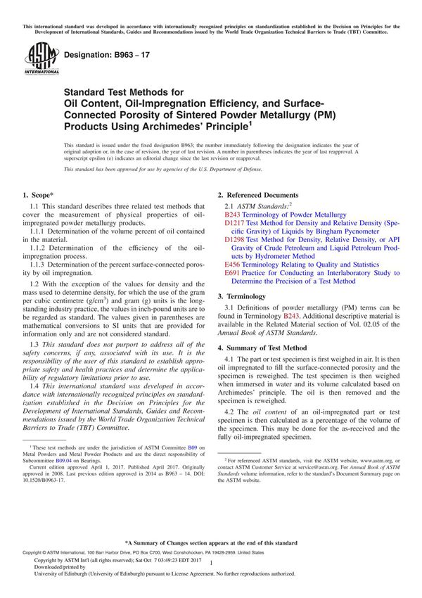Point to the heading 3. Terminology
pyautogui.click(x=243, y=297)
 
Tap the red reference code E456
pyautogui.click(x=231, y=265)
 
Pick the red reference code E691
pyautogui.click(x=231, y=273)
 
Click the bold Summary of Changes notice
pyautogui.click(x=210, y=543)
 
